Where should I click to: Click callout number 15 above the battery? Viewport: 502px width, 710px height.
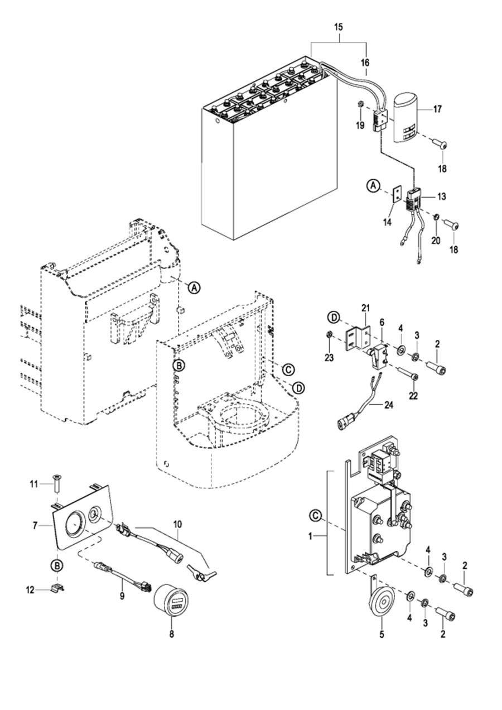click(x=338, y=27)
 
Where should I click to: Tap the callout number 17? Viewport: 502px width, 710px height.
click(x=437, y=109)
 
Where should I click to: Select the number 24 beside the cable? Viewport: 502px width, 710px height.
click(x=389, y=405)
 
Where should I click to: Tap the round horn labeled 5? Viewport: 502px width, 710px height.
click(x=382, y=606)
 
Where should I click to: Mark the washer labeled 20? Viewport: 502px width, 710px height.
click(x=436, y=218)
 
